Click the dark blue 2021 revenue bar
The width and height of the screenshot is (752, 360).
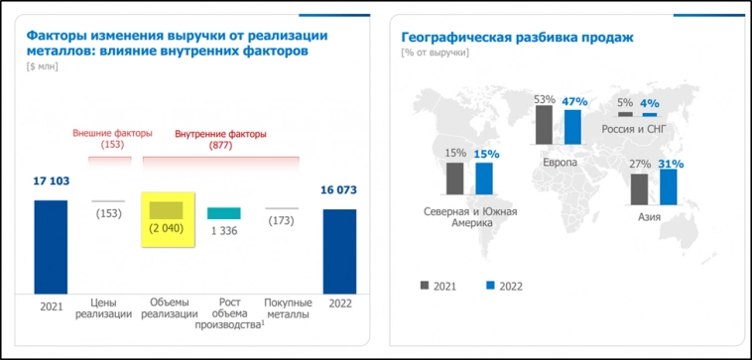pyautogui.click(x=51, y=247)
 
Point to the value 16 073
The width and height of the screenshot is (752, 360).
pyautogui.click(x=339, y=190)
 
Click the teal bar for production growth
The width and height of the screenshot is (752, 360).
pyautogui.click(x=224, y=213)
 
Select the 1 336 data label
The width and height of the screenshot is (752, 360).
pyautogui.click(x=224, y=230)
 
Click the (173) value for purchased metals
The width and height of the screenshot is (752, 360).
pyautogui.click(x=282, y=219)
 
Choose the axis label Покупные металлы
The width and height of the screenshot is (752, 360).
pyautogui.click(x=288, y=307)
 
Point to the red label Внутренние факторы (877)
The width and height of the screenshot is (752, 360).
pyautogui.click(x=220, y=139)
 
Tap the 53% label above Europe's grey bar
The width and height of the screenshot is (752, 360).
pyautogui.click(x=544, y=100)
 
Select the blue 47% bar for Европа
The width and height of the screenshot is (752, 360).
pyautogui.click(x=572, y=128)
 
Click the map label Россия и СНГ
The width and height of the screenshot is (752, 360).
pyautogui.click(x=640, y=129)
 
